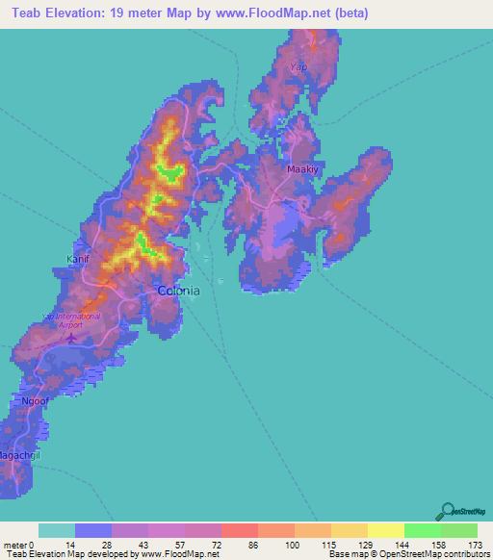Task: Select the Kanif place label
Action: [x=77, y=259]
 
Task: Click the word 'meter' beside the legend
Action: [x=15, y=545]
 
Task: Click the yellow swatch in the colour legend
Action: [x=385, y=530]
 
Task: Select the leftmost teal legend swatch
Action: [x=57, y=530]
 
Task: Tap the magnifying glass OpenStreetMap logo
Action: [x=449, y=511]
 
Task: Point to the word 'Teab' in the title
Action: [x=32, y=14]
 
